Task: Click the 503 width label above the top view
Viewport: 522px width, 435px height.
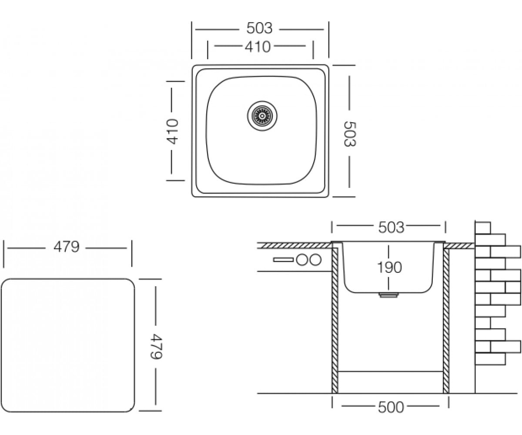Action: point(259,28)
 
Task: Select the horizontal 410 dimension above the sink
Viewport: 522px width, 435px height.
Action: point(258,47)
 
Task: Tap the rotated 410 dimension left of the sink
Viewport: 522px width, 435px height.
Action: point(172,131)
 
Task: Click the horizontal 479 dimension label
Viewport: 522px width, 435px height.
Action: point(67,247)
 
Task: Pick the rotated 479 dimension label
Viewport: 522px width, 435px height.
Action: point(157,346)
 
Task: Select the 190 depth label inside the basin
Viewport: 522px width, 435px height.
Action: point(389,267)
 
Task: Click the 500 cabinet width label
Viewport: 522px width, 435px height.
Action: point(391,407)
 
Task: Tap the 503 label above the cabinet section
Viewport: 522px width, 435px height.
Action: point(391,228)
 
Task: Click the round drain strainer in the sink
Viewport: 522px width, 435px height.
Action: point(262,116)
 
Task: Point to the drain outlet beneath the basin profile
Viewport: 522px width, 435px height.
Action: point(388,295)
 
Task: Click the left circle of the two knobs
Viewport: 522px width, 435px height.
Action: point(302,260)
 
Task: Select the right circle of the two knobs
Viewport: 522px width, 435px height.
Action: point(315,260)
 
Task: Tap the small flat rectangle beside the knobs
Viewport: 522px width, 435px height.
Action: point(284,260)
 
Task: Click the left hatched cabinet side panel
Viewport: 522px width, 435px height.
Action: point(335,321)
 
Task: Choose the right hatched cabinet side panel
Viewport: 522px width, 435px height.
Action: point(446,321)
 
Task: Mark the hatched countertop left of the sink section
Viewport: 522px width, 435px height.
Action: point(295,246)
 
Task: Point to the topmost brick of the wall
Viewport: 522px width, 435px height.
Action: point(483,228)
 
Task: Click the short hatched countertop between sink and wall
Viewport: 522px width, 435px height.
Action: point(459,246)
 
